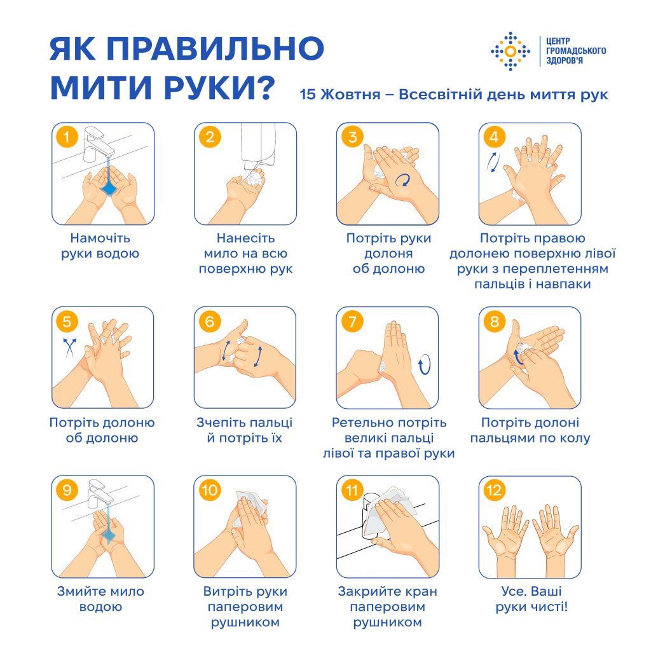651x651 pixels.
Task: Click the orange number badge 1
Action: coord(67,137)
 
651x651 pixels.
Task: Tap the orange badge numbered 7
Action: coord(352,321)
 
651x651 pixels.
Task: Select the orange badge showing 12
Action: coord(494,490)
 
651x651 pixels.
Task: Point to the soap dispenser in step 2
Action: coord(258,145)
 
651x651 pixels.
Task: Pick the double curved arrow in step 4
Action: coord(493,162)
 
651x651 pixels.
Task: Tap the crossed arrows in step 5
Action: coord(69,347)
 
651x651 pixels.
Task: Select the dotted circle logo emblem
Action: coord(511,51)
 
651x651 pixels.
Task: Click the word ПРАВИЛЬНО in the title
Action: coord(216,48)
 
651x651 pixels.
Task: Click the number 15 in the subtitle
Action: coord(308,95)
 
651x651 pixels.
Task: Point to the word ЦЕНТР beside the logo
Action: coord(558,41)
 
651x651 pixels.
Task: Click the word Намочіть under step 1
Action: coord(100,238)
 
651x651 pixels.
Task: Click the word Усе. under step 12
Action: coord(514,591)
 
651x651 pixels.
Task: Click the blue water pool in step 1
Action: coord(108,188)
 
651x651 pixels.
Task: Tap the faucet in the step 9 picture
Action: coord(100,493)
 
